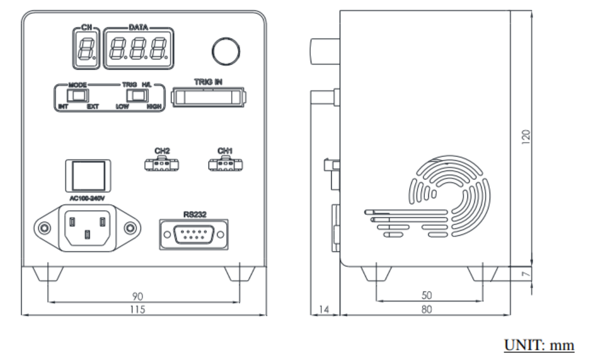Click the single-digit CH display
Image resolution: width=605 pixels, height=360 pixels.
(86, 49)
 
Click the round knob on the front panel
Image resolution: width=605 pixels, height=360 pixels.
(226, 51)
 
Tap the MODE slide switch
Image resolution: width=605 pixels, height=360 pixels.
(78, 95)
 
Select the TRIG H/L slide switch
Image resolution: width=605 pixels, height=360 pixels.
(137, 95)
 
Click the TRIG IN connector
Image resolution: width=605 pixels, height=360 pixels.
(208, 97)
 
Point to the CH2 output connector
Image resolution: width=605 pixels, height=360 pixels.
(162, 165)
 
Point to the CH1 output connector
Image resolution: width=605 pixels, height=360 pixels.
(226, 165)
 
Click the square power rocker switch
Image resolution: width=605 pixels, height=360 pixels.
(88, 176)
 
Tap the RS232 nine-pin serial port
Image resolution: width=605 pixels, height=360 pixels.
(194, 235)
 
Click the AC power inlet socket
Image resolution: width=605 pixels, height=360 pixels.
(87, 228)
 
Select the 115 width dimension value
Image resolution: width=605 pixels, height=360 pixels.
(137, 309)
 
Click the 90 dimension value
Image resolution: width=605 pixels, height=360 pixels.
(137, 296)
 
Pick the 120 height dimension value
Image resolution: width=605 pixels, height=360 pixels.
(526, 137)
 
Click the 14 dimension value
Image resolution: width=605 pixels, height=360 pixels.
(324, 309)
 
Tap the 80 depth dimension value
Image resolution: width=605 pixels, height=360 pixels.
(427, 309)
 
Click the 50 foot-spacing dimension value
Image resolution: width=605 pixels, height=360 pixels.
(427, 296)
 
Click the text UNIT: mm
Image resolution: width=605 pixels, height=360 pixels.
(539, 345)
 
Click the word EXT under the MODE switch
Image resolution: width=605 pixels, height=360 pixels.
(93, 107)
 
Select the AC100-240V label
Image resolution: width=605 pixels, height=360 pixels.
(87, 198)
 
